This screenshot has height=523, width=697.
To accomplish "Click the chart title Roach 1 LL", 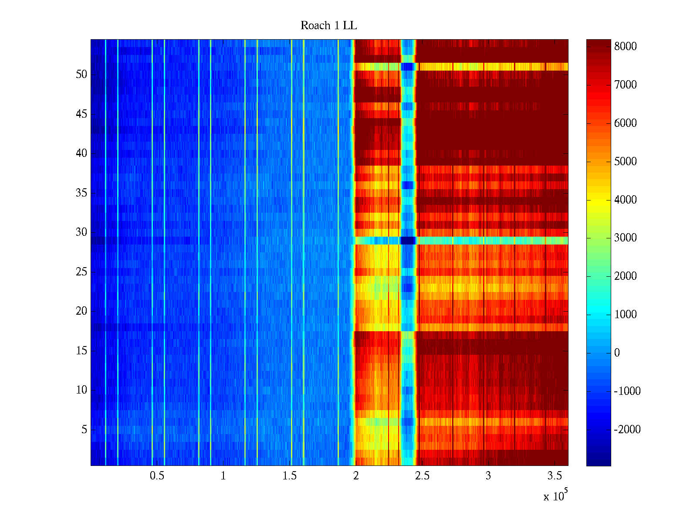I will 328,26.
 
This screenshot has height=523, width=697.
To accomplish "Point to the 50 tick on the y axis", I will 81,75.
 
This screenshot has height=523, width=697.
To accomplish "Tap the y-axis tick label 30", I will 81,232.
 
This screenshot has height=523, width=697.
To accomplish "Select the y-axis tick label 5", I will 84,430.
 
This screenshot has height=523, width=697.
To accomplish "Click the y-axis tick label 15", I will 81,351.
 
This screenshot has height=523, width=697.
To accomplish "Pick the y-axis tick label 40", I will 81,153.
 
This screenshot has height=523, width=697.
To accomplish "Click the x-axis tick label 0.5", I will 157,476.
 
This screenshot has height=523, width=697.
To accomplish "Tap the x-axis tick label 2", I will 356,476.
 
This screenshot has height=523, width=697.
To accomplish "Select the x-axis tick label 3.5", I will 555,476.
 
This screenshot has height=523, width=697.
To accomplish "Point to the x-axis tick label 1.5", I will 289,476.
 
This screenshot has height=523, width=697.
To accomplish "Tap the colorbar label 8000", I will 626,47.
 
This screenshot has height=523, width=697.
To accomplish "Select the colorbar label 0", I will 617,353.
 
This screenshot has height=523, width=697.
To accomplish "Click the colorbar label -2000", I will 627,430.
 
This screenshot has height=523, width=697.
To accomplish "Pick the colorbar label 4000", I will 626,200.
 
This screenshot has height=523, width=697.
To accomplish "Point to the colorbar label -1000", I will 627,391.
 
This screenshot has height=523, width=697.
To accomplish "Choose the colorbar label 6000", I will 626,123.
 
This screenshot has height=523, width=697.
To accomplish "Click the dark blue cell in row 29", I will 408,241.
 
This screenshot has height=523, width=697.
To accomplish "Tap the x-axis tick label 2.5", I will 422,476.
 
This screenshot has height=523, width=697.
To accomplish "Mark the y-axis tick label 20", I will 81,311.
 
